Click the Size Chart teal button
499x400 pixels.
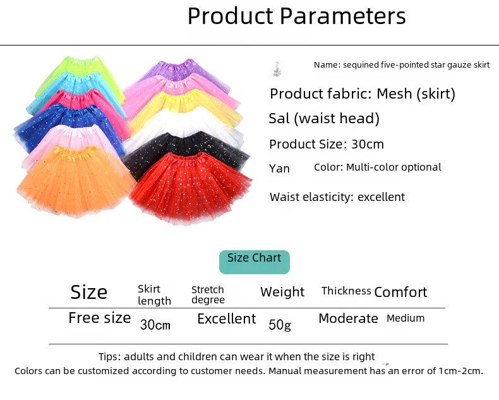tap(255, 262)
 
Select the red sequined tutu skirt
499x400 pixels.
tap(191, 188)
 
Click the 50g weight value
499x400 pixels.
tap(280, 325)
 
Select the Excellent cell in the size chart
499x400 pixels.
tap(227, 318)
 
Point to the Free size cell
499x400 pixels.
tap(100, 318)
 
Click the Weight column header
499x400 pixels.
tap(282, 292)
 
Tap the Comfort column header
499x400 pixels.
tap(400, 292)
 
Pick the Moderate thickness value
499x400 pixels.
tap(348, 318)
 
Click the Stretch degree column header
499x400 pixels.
tap(208, 294)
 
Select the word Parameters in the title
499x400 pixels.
tap(343, 16)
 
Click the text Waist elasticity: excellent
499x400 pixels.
tap(337, 197)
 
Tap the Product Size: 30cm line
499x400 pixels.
tap(327, 144)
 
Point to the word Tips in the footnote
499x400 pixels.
tap(108, 356)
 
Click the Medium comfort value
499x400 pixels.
tap(406, 318)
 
